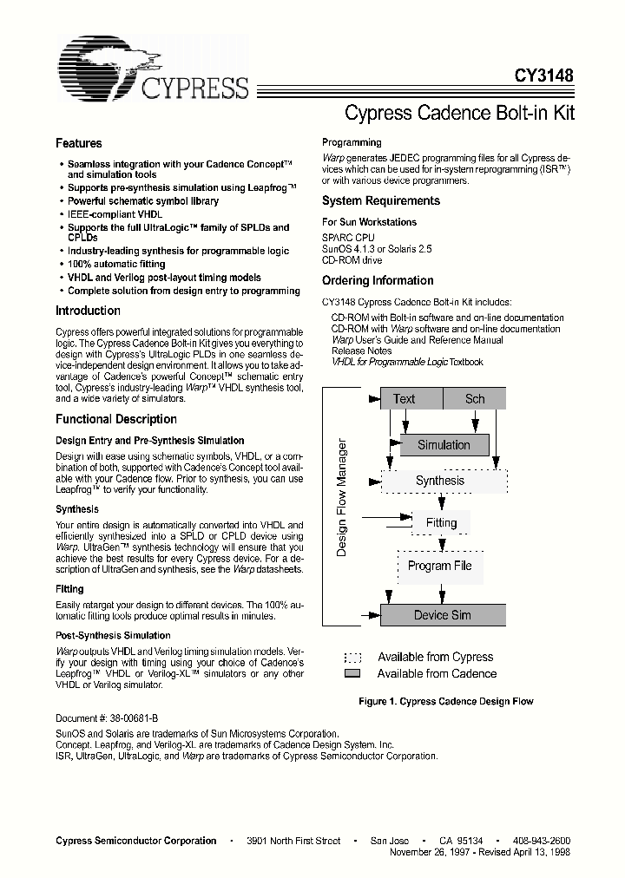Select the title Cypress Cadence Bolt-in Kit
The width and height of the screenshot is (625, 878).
click(x=459, y=113)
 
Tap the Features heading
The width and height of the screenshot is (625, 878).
click(x=78, y=144)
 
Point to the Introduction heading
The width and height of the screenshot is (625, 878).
click(x=88, y=311)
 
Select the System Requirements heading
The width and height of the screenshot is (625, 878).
click(x=380, y=201)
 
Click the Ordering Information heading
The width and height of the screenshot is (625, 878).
click(x=378, y=281)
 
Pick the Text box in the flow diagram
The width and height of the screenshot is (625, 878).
click(x=404, y=399)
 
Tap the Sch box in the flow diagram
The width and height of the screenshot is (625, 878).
click(x=475, y=399)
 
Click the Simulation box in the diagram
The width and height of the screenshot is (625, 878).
click(x=444, y=445)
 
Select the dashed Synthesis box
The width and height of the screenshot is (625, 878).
click(x=440, y=481)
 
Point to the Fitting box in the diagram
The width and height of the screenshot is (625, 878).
click(x=441, y=523)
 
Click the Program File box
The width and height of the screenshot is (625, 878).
click(x=440, y=566)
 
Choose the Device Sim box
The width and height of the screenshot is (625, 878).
click(x=442, y=615)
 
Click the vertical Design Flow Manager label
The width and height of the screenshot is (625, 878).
click(x=342, y=499)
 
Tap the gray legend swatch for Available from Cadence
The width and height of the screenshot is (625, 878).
click(x=352, y=674)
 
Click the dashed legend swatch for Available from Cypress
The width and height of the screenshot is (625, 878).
click(x=352, y=658)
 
